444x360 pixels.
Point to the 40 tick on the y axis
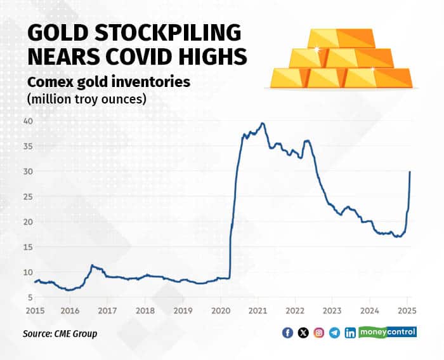pyautogui.click(x=29, y=121)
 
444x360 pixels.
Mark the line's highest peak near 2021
pyautogui.click(x=263, y=123)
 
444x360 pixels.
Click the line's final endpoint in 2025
pyautogui.click(x=410, y=172)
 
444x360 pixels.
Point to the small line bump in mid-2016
pyautogui.click(x=93, y=265)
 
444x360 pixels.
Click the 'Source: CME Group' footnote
pyautogui.click(x=60, y=333)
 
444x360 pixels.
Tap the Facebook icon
pyautogui.click(x=287, y=333)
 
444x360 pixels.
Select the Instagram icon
pyautogui.click(x=318, y=333)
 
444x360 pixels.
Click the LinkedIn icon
pyautogui.click(x=349, y=333)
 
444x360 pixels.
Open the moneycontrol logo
pyautogui.click(x=388, y=331)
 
